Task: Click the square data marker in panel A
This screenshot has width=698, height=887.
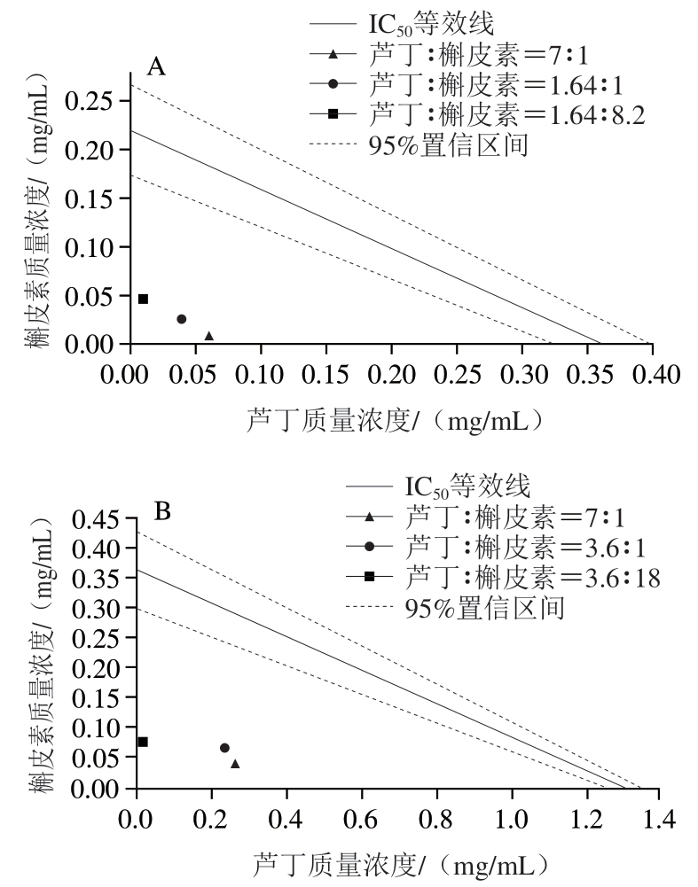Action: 143,299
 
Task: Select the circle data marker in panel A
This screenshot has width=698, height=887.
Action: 182,319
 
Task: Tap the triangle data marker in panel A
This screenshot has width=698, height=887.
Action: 209,336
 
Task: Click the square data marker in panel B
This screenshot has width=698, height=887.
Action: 143,742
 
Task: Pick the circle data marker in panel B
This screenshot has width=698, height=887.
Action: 224,748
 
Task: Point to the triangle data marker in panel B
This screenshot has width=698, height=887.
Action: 235,764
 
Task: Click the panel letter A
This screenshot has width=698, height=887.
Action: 156,66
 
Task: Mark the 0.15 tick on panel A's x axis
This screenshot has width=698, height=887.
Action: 325,376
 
